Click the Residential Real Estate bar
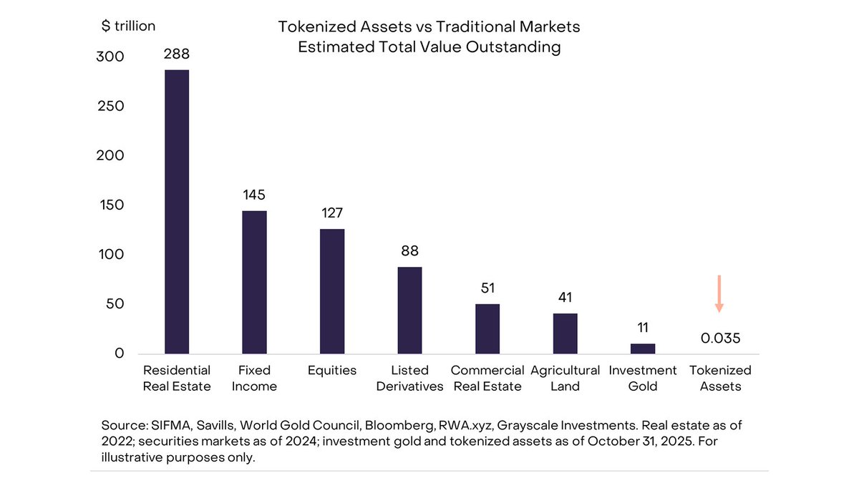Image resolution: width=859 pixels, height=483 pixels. coord(177,211)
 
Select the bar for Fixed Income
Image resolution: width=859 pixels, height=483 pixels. coord(254,282)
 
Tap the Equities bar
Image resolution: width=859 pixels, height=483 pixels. coord(331,291)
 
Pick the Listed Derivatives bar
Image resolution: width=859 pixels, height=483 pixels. coord(409,310)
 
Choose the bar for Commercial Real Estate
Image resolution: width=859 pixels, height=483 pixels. coord(487,328)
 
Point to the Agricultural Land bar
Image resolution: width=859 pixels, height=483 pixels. coord(565,333)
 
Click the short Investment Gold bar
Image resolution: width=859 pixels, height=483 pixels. coord(642,348)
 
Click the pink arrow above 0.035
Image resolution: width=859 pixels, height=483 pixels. coord(719,294)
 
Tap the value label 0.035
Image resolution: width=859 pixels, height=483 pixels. coord(720,338)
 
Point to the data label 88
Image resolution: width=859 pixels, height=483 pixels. coord(409,251)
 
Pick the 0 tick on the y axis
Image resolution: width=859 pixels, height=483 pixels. coord(119,353)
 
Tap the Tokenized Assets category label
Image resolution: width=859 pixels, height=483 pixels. coord(720,379)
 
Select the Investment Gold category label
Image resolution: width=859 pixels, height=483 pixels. coord(642,379)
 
